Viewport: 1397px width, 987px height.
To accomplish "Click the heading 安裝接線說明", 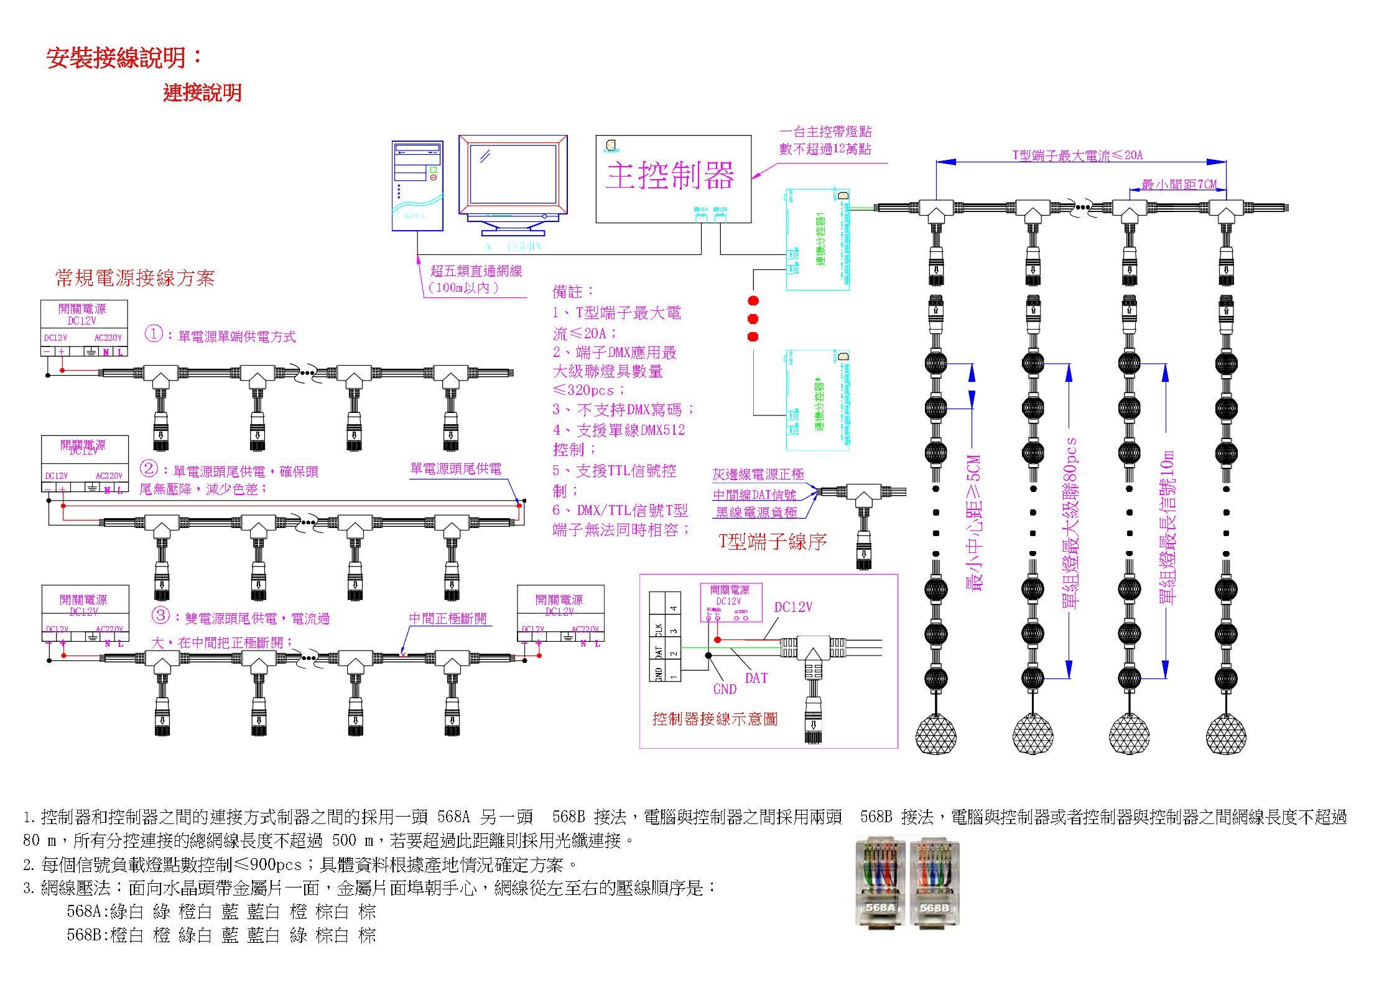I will tap(124, 57).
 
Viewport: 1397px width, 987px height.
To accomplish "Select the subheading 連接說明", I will tap(202, 93).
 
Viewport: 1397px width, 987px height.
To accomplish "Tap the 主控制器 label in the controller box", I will tap(670, 175).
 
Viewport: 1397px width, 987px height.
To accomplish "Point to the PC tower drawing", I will tap(417, 186).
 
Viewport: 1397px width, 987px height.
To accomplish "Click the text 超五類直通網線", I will tap(476, 271).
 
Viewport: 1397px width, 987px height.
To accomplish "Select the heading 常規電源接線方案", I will tap(135, 278).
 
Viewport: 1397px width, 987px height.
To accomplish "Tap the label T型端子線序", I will tap(773, 542).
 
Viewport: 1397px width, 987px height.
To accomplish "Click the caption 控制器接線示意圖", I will tap(715, 719).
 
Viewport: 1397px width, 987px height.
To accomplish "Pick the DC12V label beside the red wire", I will tap(793, 607).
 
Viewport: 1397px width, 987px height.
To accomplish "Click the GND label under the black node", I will tap(725, 689).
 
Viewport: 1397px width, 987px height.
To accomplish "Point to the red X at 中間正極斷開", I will tap(403, 654).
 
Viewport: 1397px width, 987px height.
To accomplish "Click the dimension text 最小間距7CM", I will tap(1179, 185).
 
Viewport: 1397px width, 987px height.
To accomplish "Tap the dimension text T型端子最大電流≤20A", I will tap(1078, 155).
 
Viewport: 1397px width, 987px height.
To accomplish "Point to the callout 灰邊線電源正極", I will tap(758, 475).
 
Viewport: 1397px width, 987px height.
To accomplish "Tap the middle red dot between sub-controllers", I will tap(753, 319).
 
